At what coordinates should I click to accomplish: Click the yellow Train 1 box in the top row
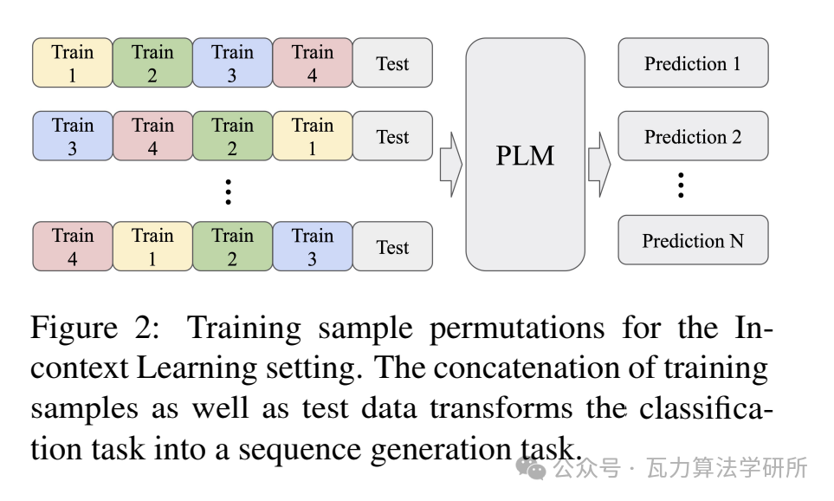[73, 63]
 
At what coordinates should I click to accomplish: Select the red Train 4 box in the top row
[313, 63]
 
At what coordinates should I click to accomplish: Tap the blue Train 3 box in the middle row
[73, 137]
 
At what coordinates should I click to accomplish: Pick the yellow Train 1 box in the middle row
[313, 137]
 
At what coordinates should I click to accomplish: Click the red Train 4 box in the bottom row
[73, 246]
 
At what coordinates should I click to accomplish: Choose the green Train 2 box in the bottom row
[232, 246]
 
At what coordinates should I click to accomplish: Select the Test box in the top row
[392, 63]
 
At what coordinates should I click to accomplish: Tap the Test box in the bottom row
[392, 246]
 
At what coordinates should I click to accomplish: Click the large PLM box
[525, 154]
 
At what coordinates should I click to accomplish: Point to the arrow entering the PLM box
[450, 165]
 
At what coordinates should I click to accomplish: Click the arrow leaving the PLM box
[599, 165]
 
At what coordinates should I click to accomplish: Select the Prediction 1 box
[693, 63]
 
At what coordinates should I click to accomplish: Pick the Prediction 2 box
[693, 137]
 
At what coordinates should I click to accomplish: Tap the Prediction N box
[693, 240]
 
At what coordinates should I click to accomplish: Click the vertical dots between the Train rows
[228, 192]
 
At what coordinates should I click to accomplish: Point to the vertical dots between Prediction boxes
[682, 185]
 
